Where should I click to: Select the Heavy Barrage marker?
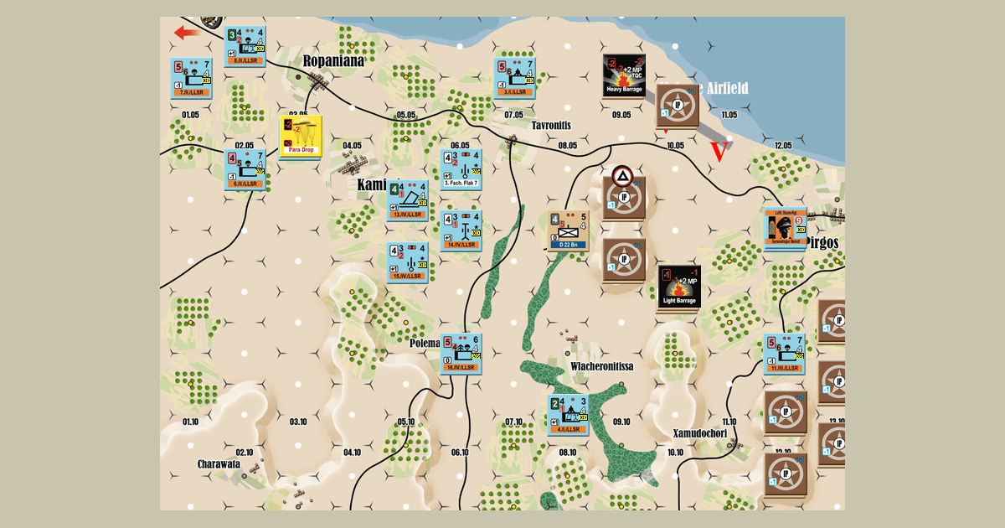click(x=624, y=75)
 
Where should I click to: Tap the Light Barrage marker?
click(x=678, y=287)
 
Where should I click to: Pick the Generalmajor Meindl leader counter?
click(x=785, y=228)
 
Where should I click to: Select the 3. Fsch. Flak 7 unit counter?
click(x=461, y=169)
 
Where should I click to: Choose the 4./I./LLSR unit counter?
click(x=569, y=414)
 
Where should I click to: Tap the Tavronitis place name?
click(x=550, y=125)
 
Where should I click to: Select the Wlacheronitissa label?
click(x=601, y=366)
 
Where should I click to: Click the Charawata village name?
click(x=219, y=463)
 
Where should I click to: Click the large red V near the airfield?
click(x=719, y=153)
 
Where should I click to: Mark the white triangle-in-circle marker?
click(x=621, y=176)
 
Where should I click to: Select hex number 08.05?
click(x=567, y=146)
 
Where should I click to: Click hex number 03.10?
click(x=297, y=421)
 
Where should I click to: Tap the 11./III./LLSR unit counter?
click(x=785, y=353)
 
